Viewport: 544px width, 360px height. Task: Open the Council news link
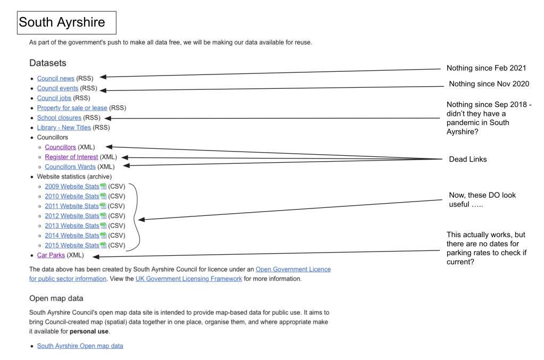click(x=55, y=78)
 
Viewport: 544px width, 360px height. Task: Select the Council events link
click(x=57, y=88)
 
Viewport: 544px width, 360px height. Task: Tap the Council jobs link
click(x=54, y=98)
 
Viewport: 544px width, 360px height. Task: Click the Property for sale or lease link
click(x=72, y=108)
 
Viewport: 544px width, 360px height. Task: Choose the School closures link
click(x=59, y=118)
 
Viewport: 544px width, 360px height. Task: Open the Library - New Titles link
click(x=64, y=128)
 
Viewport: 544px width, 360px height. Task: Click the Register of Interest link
click(x=71, y=157)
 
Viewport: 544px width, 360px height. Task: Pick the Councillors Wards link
click(x=70, y=167)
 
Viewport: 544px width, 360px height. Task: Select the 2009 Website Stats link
click(x=72, y=187)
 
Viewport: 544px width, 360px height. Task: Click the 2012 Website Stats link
click(x=72, y=216)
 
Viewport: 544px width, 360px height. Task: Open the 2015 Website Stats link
click(x=72, y=245)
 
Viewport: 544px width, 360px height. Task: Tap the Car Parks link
click(x=51, y=255)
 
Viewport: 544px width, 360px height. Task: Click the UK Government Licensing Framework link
click(x=189, y=279)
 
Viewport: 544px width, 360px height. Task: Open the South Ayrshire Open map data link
click(x=80, y=346)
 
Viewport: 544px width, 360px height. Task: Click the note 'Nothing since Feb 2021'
click(x=486, y=68)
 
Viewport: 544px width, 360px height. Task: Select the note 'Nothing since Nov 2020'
click(x=489, y=84)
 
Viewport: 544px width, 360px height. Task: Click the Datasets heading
click(x=48, y=63)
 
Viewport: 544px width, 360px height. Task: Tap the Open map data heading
click(x=56, y=298)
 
